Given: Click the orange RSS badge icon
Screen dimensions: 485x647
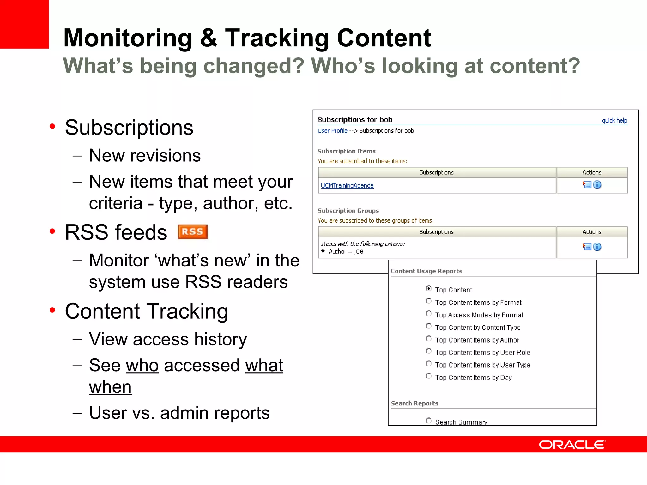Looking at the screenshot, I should tap(193, 232).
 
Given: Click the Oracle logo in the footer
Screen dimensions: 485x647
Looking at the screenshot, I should tap(572, 445).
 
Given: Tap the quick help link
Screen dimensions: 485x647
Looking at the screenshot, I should tap(614, 120).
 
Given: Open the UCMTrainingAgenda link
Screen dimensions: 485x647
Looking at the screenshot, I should tap(347, 185).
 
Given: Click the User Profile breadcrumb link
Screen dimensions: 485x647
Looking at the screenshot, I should tap(332, 131).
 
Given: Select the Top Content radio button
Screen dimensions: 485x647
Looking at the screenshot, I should tap(428, 288).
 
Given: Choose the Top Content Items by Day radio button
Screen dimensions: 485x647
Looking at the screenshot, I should tap(428, 376).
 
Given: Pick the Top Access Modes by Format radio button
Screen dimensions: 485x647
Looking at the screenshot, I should tap(428, 314).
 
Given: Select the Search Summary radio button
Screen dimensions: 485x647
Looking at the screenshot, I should tap(428, 421).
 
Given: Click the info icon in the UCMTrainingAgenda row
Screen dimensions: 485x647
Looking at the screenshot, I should tap(597, 185).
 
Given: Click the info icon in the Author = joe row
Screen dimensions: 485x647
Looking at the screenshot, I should tap(597, 247).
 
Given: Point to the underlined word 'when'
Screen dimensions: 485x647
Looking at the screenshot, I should tap(110, 387).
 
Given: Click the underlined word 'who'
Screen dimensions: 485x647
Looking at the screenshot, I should tap(142, 366).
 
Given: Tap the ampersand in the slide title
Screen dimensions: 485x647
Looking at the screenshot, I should tap(209, 38).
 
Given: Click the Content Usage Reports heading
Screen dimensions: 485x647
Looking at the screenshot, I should tap(426, 271).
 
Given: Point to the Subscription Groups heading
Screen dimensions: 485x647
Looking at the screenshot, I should tap(348, 211).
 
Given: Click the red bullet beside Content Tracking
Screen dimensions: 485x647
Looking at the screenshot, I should tap(52, 310).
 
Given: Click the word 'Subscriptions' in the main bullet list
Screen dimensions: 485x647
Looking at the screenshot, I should tap(129, 128).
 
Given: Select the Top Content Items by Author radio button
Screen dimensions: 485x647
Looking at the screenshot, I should tap(428, 338).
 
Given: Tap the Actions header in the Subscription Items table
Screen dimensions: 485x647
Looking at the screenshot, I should tap(592, 172).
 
